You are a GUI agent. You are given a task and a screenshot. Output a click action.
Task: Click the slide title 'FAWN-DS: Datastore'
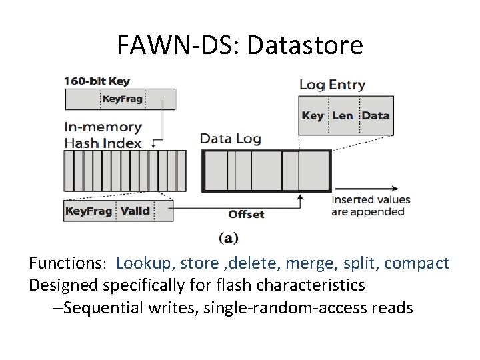click(x=240, y=45)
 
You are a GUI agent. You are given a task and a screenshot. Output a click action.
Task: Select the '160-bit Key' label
click(x=97, y=81)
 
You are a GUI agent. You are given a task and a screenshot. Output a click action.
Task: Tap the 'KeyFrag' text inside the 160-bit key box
click(x=122, y=100)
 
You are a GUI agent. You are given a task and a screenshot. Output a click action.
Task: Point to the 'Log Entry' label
click(x=332, y=85)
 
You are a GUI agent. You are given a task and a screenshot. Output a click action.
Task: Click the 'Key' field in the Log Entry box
click(x=313, y=115)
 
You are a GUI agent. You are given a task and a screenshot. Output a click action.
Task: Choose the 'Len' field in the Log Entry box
click(x=343, y=115)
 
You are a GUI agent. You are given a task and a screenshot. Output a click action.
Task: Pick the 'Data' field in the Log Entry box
click(x=375, y=115)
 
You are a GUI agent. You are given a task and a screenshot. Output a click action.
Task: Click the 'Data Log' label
click(x=231, y=139)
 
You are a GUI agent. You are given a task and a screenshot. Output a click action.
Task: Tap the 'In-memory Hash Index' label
click(x=103, y=134)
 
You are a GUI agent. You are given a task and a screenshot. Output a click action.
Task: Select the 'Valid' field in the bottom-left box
click(x=135, y=211)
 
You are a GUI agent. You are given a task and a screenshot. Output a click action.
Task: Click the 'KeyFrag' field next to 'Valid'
click(x=89, y=211)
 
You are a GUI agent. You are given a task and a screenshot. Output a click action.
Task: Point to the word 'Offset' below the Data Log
click(x=246, y=214)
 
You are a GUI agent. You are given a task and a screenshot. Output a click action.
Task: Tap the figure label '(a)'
click(x=229, y=238)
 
